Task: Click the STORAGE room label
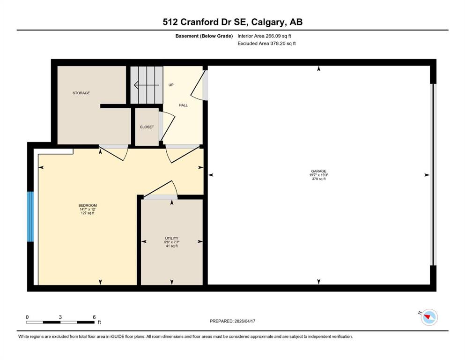click(x=81, y=93)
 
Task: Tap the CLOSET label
click(x=147, y=127)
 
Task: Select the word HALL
click(x=183, y=105)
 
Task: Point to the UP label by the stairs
click(x=171, y=85)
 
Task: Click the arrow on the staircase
click(x=147, y=85)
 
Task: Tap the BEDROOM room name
click(x=88, y=205)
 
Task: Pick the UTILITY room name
click(x=172, y=238)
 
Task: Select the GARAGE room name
click(x=319, y=171)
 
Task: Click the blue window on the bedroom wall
click(x=30, y=217)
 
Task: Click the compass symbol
click(x=428, y=317)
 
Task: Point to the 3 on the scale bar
click(x=60, y=317)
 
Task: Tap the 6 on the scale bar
click(x=94, y=317)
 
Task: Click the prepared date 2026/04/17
click(x=245, y=321)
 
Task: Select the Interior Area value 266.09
click(x=273, y=36)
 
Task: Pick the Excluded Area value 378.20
click(x=277, y=43)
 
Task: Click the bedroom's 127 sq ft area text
click(x=88, y=213)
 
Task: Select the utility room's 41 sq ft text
click(x=172, y=246)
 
